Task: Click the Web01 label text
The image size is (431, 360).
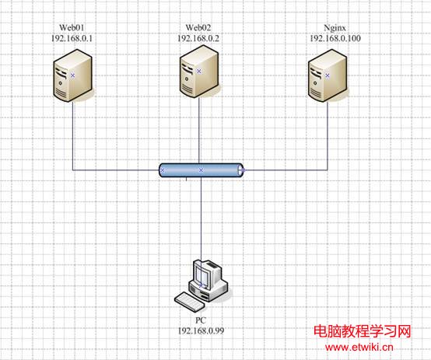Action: (x=72, y=27)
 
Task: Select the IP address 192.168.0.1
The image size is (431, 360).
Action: (x=72, y=38)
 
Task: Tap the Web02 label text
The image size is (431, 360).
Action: (x=198, y=27)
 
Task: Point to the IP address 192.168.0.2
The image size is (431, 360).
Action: (x=198, y=38)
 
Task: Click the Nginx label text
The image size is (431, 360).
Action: (x=335, y=28)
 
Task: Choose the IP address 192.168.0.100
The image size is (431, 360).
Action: (x=335, y=38)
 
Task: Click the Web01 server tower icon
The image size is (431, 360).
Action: (x=72, y=75)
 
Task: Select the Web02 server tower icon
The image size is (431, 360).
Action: (x=199, y=72)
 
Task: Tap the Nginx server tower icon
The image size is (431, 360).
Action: (x=328, y=75)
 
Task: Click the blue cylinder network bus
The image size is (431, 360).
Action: (x=201, y=170)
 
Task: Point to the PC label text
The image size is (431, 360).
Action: (x=201, y=320)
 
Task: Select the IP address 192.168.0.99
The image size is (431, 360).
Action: (x=201, y=330)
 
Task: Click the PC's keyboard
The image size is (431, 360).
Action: (x=190, y=302)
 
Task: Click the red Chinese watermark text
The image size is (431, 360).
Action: (x=363, y=331)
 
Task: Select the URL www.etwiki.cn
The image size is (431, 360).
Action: (x=359, y=347)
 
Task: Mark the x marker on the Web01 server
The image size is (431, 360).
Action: (x=72, y=75)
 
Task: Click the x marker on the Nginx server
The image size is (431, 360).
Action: (x=328, y=75)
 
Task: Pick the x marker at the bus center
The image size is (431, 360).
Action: (x=201, y=170)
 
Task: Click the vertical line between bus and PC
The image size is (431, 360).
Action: (x=201, y=218)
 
